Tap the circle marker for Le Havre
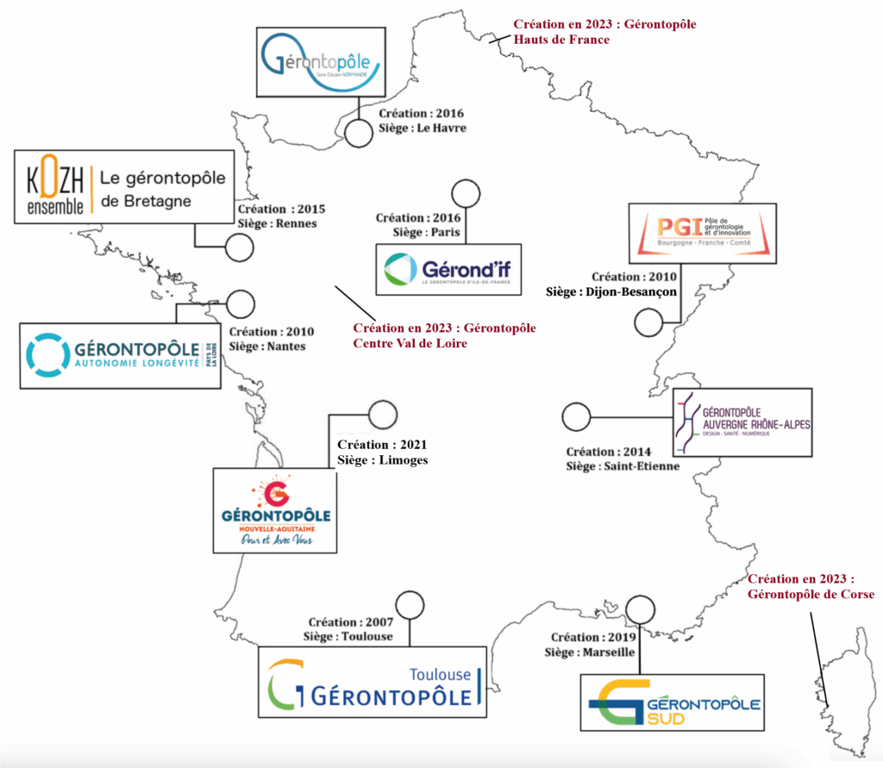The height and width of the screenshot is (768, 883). click(358, 134)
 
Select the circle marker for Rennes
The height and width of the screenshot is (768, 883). click(239, 248)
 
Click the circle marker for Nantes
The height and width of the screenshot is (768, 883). click(241, 303)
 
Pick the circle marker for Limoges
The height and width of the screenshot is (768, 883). click(380, 415)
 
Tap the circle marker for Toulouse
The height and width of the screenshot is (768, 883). click(410, 605)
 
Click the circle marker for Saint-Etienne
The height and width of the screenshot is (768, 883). click(575, 417)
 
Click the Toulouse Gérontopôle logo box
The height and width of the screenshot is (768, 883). click(377, 681)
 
